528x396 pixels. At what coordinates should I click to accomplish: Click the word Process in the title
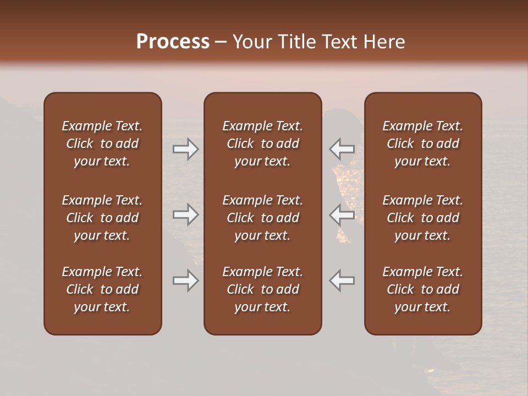173,42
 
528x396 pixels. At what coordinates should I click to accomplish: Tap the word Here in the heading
384,42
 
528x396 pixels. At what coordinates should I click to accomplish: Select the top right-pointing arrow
185,149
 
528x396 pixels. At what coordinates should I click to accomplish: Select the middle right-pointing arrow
185,215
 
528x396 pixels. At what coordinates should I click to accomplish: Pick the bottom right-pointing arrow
185,280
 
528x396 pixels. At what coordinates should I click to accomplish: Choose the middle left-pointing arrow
342,215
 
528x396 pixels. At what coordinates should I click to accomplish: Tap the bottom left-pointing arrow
342,280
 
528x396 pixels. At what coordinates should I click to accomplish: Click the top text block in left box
102,144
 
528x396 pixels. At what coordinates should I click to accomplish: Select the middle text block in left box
102,218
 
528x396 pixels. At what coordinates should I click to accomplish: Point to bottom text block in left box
102,289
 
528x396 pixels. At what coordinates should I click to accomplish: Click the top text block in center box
262,144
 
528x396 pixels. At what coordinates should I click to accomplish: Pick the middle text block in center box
262,218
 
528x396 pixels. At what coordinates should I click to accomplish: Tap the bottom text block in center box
262,289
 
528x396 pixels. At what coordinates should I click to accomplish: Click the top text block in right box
422,144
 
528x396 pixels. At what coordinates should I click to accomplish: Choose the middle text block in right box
422,218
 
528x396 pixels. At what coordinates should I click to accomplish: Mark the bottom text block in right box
422,289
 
